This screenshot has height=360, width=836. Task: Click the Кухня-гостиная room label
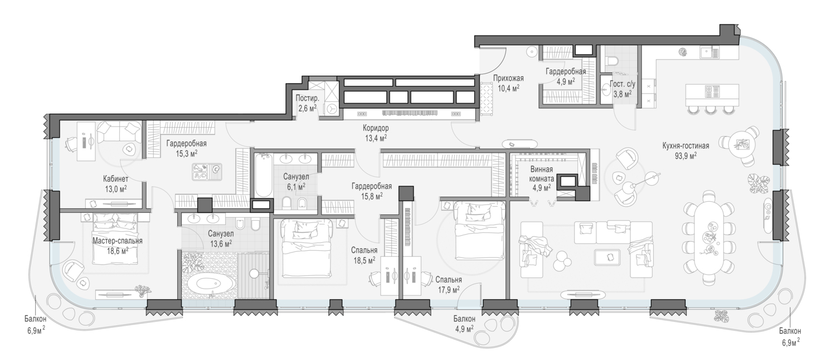coord(686,146)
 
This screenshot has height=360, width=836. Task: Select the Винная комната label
coord(542,174)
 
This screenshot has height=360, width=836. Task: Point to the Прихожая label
coord(508,79)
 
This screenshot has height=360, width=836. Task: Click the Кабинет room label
coord(116,179)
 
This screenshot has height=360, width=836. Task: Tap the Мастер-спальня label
coord(118,241)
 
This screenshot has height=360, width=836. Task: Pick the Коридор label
coord(376,128)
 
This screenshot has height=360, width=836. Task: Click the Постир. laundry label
coord(308,98)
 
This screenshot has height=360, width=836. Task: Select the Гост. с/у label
coord(623,84)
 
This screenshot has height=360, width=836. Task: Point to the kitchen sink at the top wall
coord(707,53)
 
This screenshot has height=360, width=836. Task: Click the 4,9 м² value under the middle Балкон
coord(464,328)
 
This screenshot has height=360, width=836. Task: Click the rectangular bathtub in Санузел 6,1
coord(264,176)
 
